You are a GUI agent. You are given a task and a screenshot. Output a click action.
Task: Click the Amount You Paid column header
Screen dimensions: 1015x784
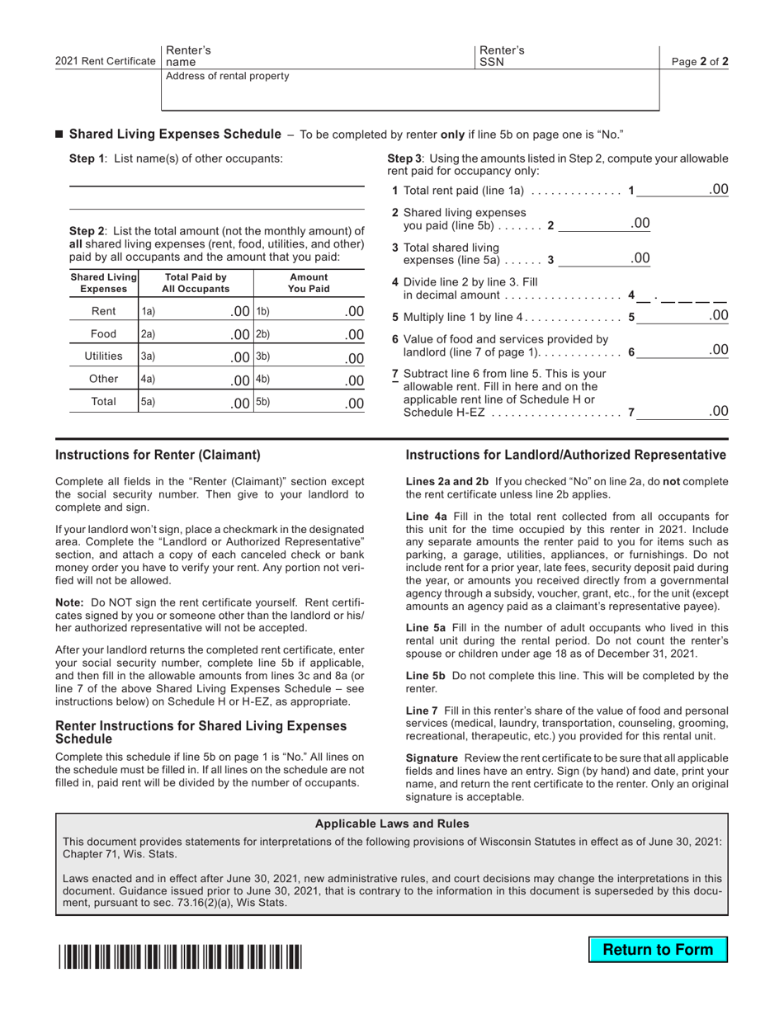click(309, 283)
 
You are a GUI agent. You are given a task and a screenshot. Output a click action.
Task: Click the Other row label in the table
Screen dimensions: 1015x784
click(103, 380)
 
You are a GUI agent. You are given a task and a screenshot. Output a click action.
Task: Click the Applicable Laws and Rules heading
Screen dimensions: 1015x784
click(392, 824)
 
